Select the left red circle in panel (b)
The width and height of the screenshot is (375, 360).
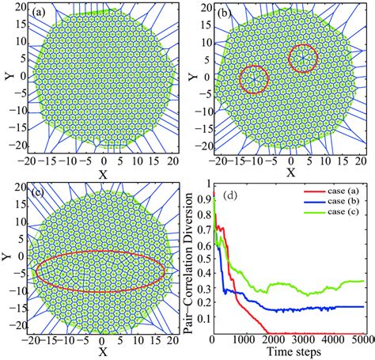point(254,79)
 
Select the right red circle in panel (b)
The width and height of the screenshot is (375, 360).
point(303,58)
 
